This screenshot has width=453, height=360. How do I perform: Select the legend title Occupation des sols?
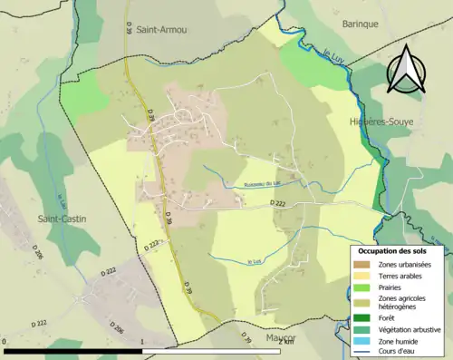pos(400,250)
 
